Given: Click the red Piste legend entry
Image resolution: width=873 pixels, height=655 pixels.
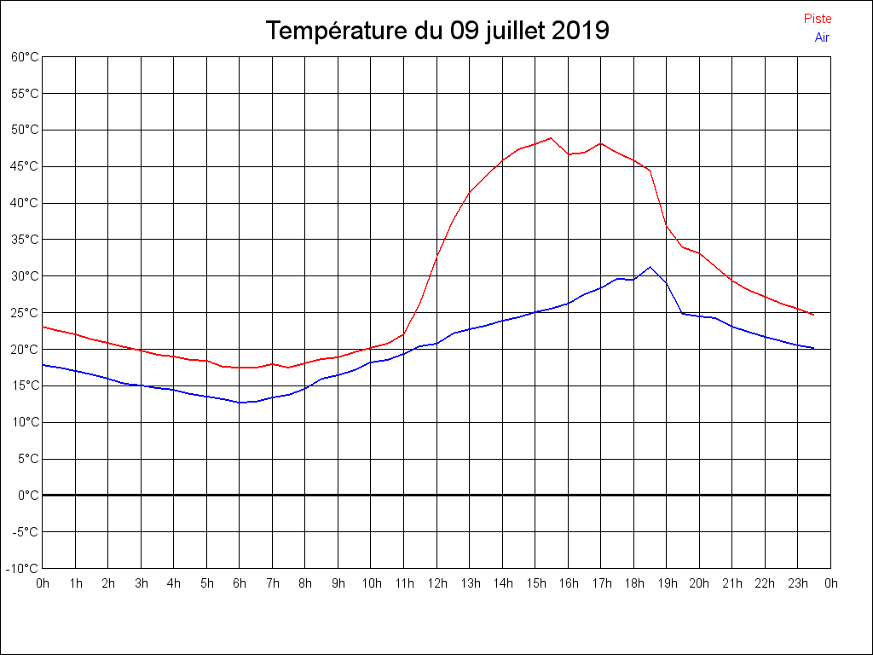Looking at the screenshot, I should [818, 19].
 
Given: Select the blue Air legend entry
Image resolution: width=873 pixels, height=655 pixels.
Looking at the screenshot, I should [822, 37].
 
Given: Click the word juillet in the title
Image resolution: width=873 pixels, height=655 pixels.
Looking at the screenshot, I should [515, 31].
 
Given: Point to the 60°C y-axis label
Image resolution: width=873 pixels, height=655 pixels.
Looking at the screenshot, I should [25, 57].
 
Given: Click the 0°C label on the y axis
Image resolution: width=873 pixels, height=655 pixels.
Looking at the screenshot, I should [28, 495].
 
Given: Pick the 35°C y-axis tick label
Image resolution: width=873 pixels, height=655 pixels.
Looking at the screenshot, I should [25, 240].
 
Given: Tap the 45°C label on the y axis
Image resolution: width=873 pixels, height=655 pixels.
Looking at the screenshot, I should [25, 166].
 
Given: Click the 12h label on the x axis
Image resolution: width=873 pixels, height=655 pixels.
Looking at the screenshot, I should [436, 583].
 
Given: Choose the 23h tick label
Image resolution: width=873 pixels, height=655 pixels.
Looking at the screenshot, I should [797, 583].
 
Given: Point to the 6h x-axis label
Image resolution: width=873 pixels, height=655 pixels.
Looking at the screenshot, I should [240, 583].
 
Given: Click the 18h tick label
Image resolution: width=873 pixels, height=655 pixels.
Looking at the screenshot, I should [633, 583].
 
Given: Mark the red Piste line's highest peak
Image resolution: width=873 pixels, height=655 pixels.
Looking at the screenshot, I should [551, 137].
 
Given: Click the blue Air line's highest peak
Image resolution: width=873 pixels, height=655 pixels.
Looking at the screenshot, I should [650, 267].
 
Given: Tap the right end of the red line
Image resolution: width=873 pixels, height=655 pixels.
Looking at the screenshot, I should [813, 315].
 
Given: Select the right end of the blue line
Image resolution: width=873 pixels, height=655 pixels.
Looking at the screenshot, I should [813, 348].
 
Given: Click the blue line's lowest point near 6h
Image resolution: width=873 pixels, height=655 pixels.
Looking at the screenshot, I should [240, 403].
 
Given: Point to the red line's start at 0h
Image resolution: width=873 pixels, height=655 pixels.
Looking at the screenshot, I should [43, 327].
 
